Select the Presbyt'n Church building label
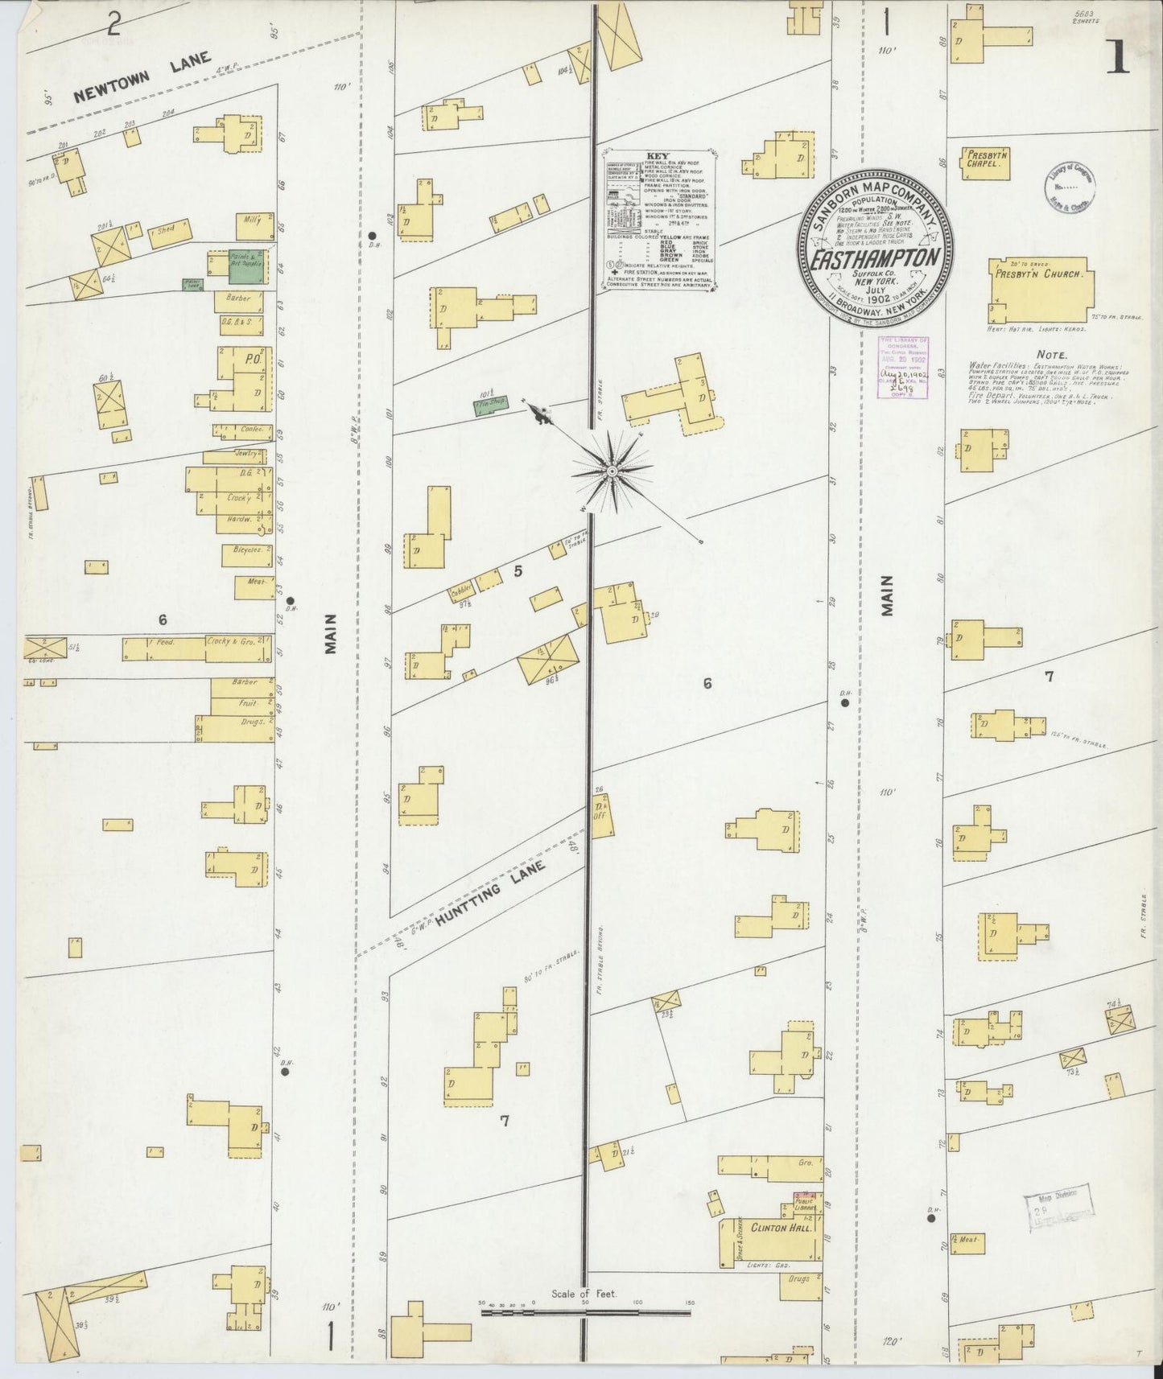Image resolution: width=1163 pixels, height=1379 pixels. (1044, 274)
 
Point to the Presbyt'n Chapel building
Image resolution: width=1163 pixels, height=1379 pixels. (985, 158)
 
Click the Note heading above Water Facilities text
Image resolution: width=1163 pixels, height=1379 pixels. (1051, 354)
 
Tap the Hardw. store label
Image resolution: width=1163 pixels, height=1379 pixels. (240, 519)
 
